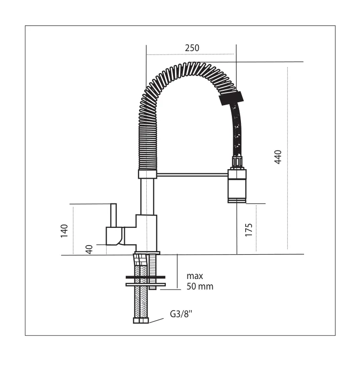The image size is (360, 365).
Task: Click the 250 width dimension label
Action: (192, 48)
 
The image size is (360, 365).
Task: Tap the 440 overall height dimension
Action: (278, 157)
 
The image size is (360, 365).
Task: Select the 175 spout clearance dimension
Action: (249, 230)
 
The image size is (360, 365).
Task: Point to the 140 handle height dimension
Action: (64, 231)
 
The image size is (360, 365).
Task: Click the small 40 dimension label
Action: (89, 249)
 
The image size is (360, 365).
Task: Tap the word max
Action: (195, 276)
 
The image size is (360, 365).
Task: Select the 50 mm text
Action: (200, 286)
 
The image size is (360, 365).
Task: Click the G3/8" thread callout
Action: (181, 314)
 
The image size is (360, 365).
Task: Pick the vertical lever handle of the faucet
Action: (113, 215)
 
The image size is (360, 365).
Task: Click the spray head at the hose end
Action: (237, 186)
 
